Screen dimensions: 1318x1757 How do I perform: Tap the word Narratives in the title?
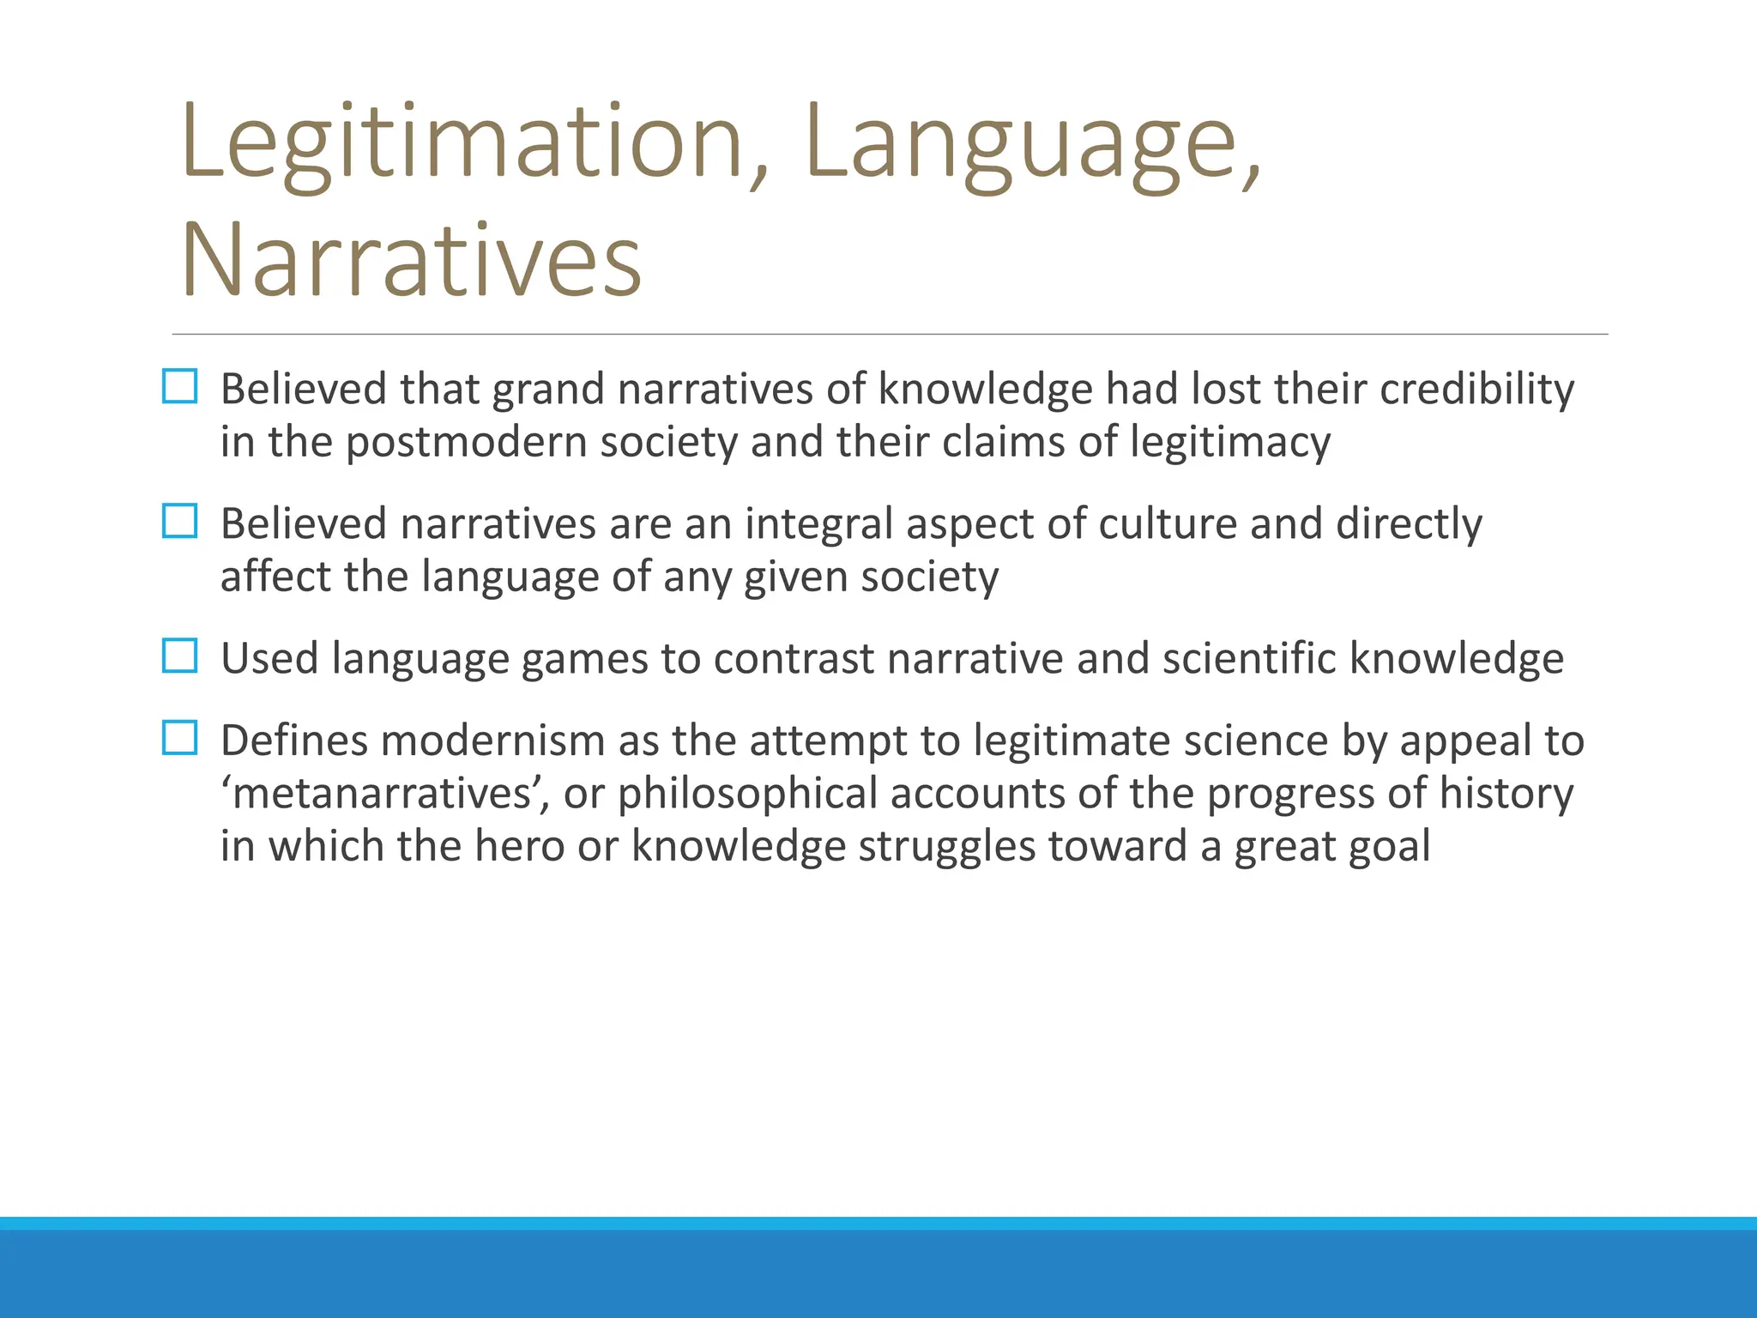[x=412, y=260]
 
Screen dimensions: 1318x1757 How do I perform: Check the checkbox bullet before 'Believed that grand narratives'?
[x=179, y=387]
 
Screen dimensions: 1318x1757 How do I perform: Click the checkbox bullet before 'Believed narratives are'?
[x=179, y=521]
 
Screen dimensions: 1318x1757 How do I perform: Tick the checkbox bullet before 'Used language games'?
[x=179, y=656]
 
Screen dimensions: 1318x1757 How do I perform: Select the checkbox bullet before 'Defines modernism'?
[x=179, y=738]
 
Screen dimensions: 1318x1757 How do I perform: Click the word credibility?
[x=1476, y=389]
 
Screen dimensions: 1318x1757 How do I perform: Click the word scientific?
[x=1230, y=658]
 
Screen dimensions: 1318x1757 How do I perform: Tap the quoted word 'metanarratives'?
[x=385, y=794]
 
